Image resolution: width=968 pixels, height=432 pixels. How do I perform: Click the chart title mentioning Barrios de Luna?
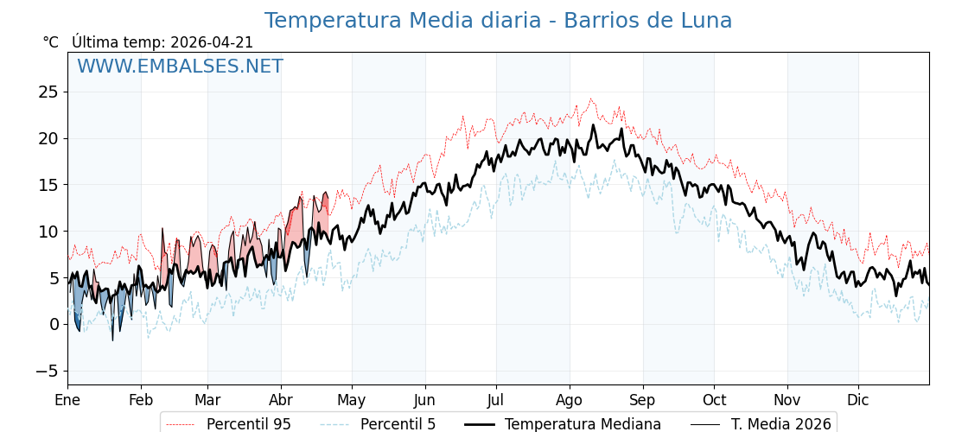498,21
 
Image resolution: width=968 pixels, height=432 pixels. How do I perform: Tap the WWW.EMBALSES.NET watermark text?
180,67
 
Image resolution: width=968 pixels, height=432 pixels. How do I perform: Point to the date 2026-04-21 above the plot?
212,42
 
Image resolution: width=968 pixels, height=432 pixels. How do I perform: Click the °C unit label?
50,42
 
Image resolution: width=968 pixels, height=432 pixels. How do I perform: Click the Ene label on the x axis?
67,400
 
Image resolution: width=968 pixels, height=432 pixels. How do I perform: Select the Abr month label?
281,400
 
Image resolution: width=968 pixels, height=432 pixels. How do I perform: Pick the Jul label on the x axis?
496,400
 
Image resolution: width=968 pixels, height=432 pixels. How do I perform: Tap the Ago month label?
570,400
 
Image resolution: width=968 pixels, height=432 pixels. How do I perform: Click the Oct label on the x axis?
714,400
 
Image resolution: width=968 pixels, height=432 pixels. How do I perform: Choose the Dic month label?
858,400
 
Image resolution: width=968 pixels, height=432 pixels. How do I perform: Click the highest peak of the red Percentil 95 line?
591,98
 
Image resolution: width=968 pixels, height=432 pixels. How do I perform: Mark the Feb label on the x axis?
141,400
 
